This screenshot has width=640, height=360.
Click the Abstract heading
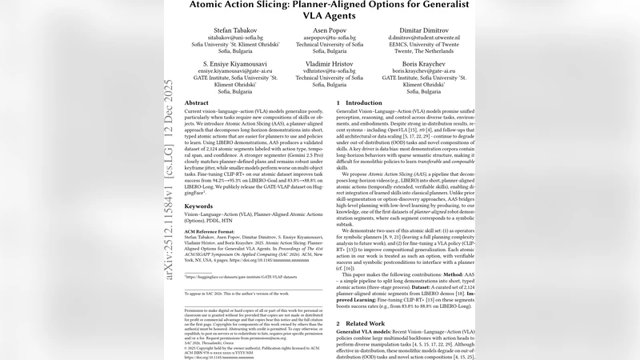197,104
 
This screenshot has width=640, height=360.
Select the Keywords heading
199,206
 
